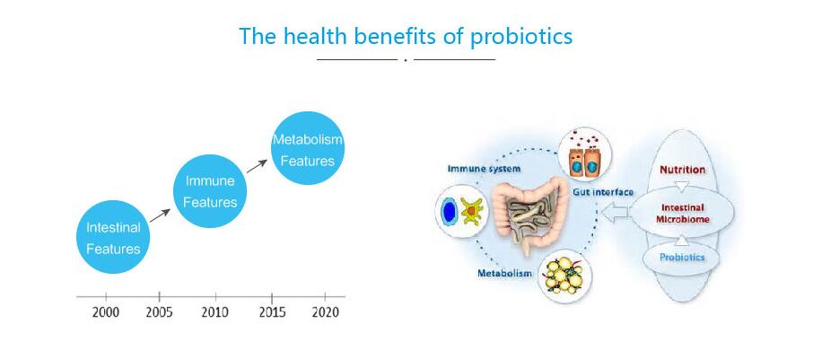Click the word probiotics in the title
coord(520,37)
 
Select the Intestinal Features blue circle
coord(113,237)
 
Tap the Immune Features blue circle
coord(210,191)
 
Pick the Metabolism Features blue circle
coord(308,148)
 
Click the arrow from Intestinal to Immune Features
coord(160,215)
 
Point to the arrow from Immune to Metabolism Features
coord(257,166)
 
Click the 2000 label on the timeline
coord(106,312)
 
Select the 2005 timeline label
coord(159,312)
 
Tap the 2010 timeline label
coord(214,312)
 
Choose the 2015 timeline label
coord(272,312)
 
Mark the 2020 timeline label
coord(325,312)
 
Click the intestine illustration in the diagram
coord(529,214)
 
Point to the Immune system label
coord(484,169)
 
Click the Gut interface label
coord(603,192)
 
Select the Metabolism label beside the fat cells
coord(504,273)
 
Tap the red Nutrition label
coord(682,170)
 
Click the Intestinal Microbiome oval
coord(682,213)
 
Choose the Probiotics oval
coord(682,257)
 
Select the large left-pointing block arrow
coord(615,213)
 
